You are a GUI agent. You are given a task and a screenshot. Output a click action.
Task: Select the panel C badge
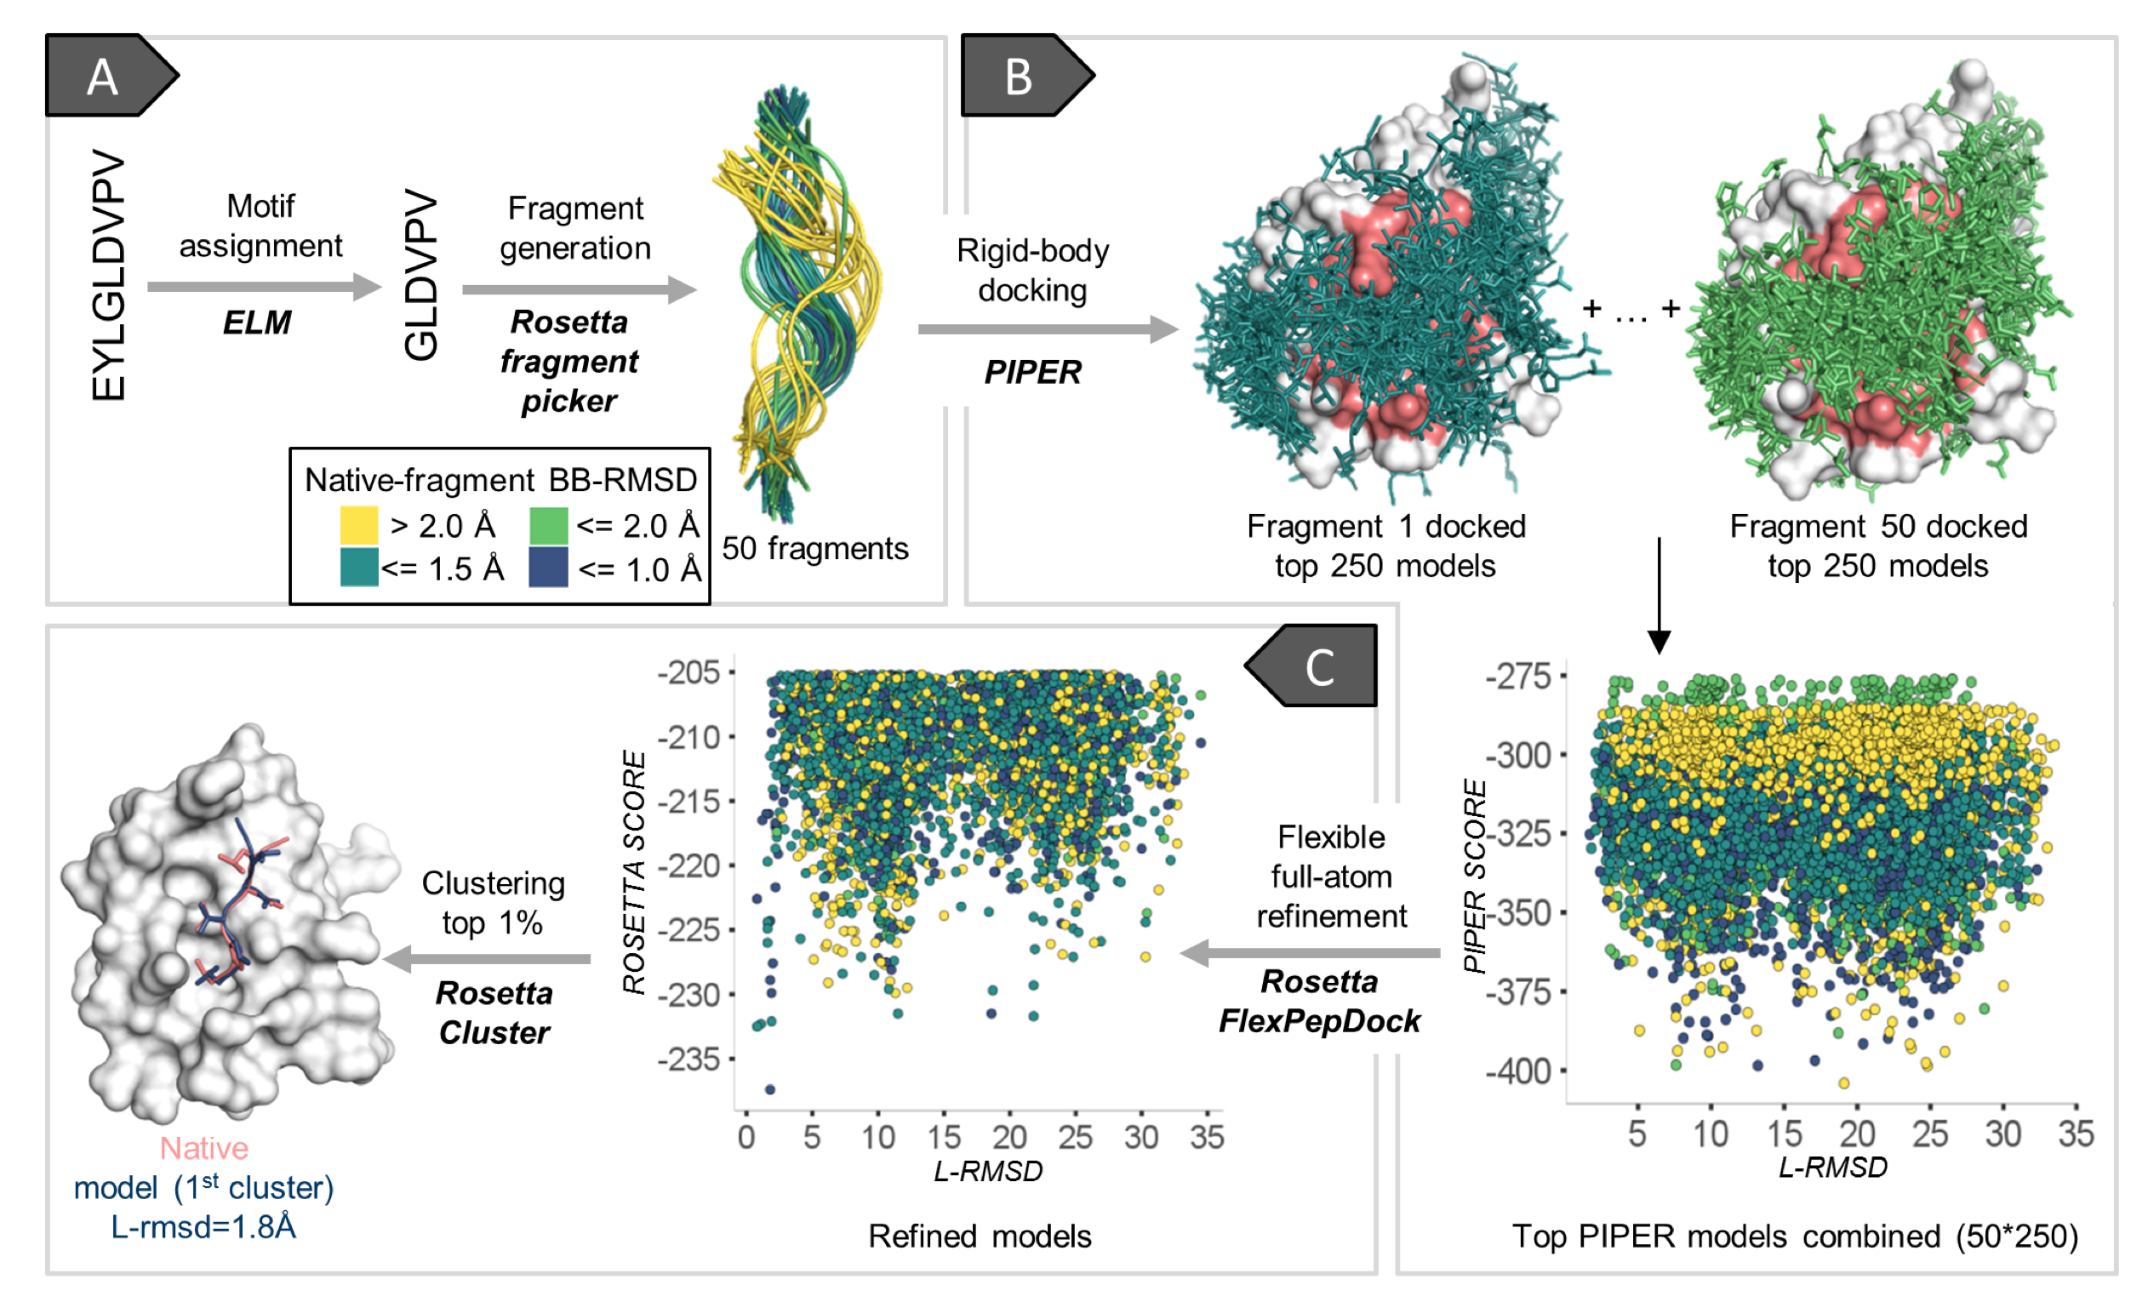click(1313, 665)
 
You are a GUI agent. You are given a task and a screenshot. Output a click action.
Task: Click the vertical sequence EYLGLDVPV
click(108, 276)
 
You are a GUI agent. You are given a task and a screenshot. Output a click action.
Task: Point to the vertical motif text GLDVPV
click(421, 275)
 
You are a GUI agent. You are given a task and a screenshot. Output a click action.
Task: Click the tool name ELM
click(256, 323)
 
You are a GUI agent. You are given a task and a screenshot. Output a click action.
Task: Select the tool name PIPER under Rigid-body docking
click(1032, 372)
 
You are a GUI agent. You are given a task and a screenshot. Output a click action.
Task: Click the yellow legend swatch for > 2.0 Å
click(359, 526)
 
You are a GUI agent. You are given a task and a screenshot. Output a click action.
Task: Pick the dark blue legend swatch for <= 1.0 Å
click(548, 568)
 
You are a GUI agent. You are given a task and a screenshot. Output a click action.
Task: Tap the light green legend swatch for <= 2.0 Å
click(548, 526)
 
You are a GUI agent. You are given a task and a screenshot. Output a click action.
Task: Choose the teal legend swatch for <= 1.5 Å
click(359, 568)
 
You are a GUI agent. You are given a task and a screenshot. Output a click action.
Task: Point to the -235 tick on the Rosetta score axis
click(689, 1059)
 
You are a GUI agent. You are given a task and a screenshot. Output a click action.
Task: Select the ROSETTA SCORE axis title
click(635, 872)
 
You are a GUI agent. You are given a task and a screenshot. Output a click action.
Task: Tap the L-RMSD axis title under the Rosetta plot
click(988, 1171)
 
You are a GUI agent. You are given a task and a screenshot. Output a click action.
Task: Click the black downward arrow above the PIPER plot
click(1659, 596)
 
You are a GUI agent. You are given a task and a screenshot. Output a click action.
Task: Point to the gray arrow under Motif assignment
click(265, 287)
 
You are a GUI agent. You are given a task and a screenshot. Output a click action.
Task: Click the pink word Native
click(204, 1149)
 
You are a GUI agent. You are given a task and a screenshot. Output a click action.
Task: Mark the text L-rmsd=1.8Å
click(204, 1227)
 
